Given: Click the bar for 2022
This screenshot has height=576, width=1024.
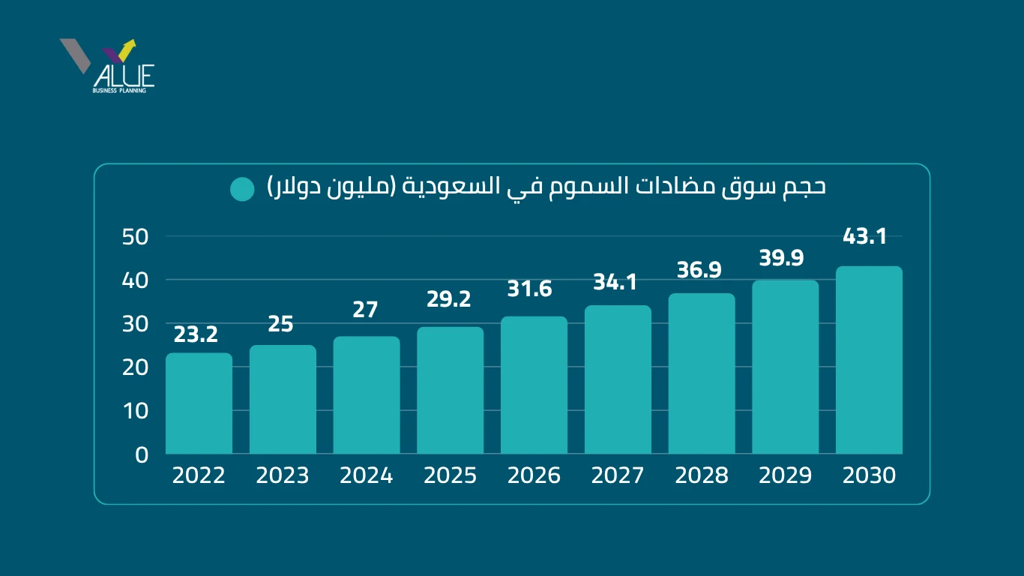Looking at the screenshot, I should (x=199, y=403).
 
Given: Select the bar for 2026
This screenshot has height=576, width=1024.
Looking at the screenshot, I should (x=534, y=385).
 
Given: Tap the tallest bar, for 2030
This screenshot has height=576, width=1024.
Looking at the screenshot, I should (x=869, y=360).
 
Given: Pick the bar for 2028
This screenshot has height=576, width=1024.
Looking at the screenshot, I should (x=702, y=373).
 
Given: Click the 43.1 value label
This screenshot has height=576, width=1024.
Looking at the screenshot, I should (x=865, y=237).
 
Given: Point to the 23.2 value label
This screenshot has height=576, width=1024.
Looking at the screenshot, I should (x=196, y=334).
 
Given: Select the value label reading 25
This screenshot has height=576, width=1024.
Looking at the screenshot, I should (x=281, y=325).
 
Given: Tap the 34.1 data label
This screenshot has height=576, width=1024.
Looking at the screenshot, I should (x=615, y=283).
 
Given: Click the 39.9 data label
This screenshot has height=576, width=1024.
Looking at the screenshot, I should (x=781, y=259).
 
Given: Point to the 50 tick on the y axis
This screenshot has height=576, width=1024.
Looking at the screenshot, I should (x=136, y=236).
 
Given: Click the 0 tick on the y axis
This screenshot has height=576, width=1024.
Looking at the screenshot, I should (x=142, y=454).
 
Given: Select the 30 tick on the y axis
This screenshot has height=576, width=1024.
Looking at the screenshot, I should (x=136, y=323).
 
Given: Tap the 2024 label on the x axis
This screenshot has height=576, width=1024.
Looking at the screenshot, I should (x=366, y=476).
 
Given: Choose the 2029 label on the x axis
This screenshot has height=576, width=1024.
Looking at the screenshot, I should (x=785, y=476).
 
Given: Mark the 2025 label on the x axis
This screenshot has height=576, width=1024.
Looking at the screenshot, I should (x=450, y=476).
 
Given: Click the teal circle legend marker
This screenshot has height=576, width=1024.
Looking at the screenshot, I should (x=243, y=189).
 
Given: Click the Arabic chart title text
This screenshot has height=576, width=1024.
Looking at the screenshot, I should (x=546, y=187).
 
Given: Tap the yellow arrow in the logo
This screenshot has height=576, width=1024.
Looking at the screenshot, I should (x=127, y=49).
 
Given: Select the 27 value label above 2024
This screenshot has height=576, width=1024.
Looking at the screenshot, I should (x=365, y=310).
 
